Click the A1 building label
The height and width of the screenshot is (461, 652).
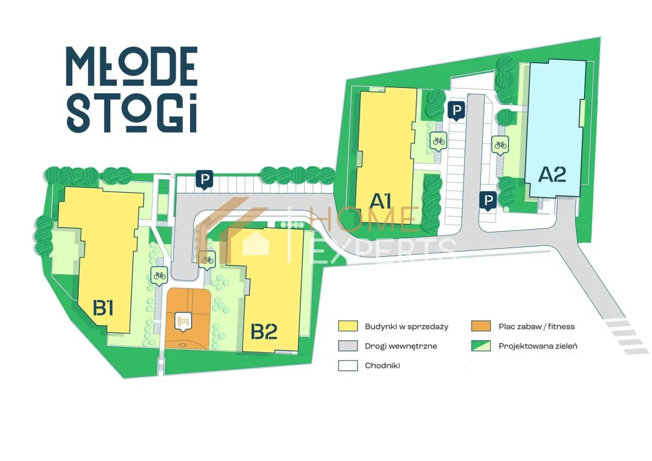click(x=380, y=201)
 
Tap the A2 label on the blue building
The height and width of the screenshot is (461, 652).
click(x=552, y=174)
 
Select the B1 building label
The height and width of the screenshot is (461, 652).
click(x=103, y=308)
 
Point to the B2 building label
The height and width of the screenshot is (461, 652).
click(x=264, y=332)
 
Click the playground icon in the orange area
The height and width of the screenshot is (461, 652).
click(x=184, y=323)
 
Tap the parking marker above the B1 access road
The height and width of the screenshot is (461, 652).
click(x=204, y=179)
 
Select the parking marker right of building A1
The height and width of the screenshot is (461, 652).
click(x=456, y=111)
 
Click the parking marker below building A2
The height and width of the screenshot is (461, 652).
click(x=488, y=201)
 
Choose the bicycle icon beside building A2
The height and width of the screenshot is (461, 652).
click(x=500, y=145)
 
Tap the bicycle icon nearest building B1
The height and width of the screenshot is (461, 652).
click(x=159, y=276)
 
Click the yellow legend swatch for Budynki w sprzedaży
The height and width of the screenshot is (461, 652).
click(x=348, y=326)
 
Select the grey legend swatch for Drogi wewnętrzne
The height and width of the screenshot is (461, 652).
click(x=348, y=346)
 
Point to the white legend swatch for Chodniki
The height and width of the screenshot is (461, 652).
click(x=348, y=365)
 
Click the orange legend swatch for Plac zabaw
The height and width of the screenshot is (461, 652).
click(x=481, y=326)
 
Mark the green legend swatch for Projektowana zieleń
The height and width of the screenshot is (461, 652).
click(x=481, y=346)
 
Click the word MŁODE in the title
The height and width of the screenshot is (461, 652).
click(x=132, y=66)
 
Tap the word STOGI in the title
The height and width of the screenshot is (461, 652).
click(x=132, y=113)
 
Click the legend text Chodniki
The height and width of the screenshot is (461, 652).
click(x=382, y=365)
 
